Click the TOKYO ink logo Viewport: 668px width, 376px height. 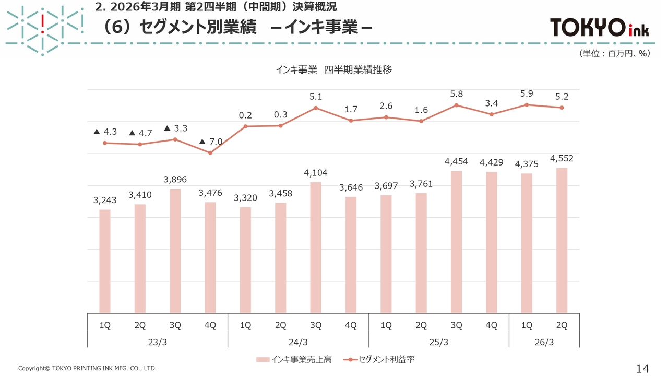[x=599, y=28]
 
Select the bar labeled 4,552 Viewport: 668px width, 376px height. [x=562, y=240]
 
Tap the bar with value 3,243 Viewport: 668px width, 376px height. [x=105, y=261]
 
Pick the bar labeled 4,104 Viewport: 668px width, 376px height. [x=316, y=248]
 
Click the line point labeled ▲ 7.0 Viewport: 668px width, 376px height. [x=210, y=153]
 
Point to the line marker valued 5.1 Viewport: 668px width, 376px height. [x=316, y=108]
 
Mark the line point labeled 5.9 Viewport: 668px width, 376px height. [x=527, y=104]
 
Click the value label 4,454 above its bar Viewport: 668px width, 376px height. [x=456, y=162]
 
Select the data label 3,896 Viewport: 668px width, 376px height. [x=175, y=180]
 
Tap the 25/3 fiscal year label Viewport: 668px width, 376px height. [x=438, y=342]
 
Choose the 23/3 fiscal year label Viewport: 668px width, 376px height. [x=157, y=342]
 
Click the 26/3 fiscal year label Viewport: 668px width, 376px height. [x=544, y=342]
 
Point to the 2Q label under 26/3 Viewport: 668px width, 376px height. [x=562, y=325]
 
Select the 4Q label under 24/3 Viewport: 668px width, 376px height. [x=351, y=325]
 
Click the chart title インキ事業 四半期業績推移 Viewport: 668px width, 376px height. [x=333, y=70]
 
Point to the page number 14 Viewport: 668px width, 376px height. [x=642, y=368]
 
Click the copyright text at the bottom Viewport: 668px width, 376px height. [x=87, y=369]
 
